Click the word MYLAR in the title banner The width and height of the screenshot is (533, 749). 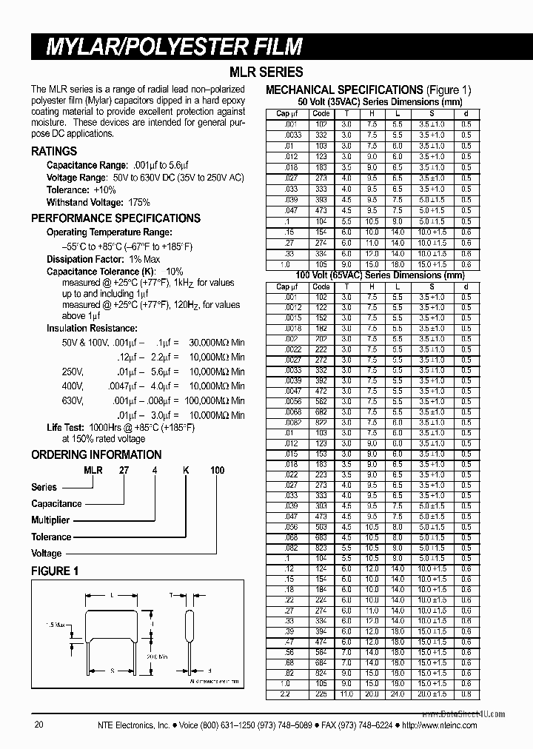(79, 47)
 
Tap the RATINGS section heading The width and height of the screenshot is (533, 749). (54, 151)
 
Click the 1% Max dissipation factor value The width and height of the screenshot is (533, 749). (144, 259)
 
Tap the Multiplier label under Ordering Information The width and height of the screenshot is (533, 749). (50, 520)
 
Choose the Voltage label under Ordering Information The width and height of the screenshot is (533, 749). (47, 553)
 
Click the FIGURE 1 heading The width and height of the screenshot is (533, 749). (55, 571)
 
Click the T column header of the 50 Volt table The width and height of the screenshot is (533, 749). (346, 113)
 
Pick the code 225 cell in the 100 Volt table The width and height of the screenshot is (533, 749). (321, 693)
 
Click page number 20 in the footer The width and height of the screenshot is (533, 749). (39, 726)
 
